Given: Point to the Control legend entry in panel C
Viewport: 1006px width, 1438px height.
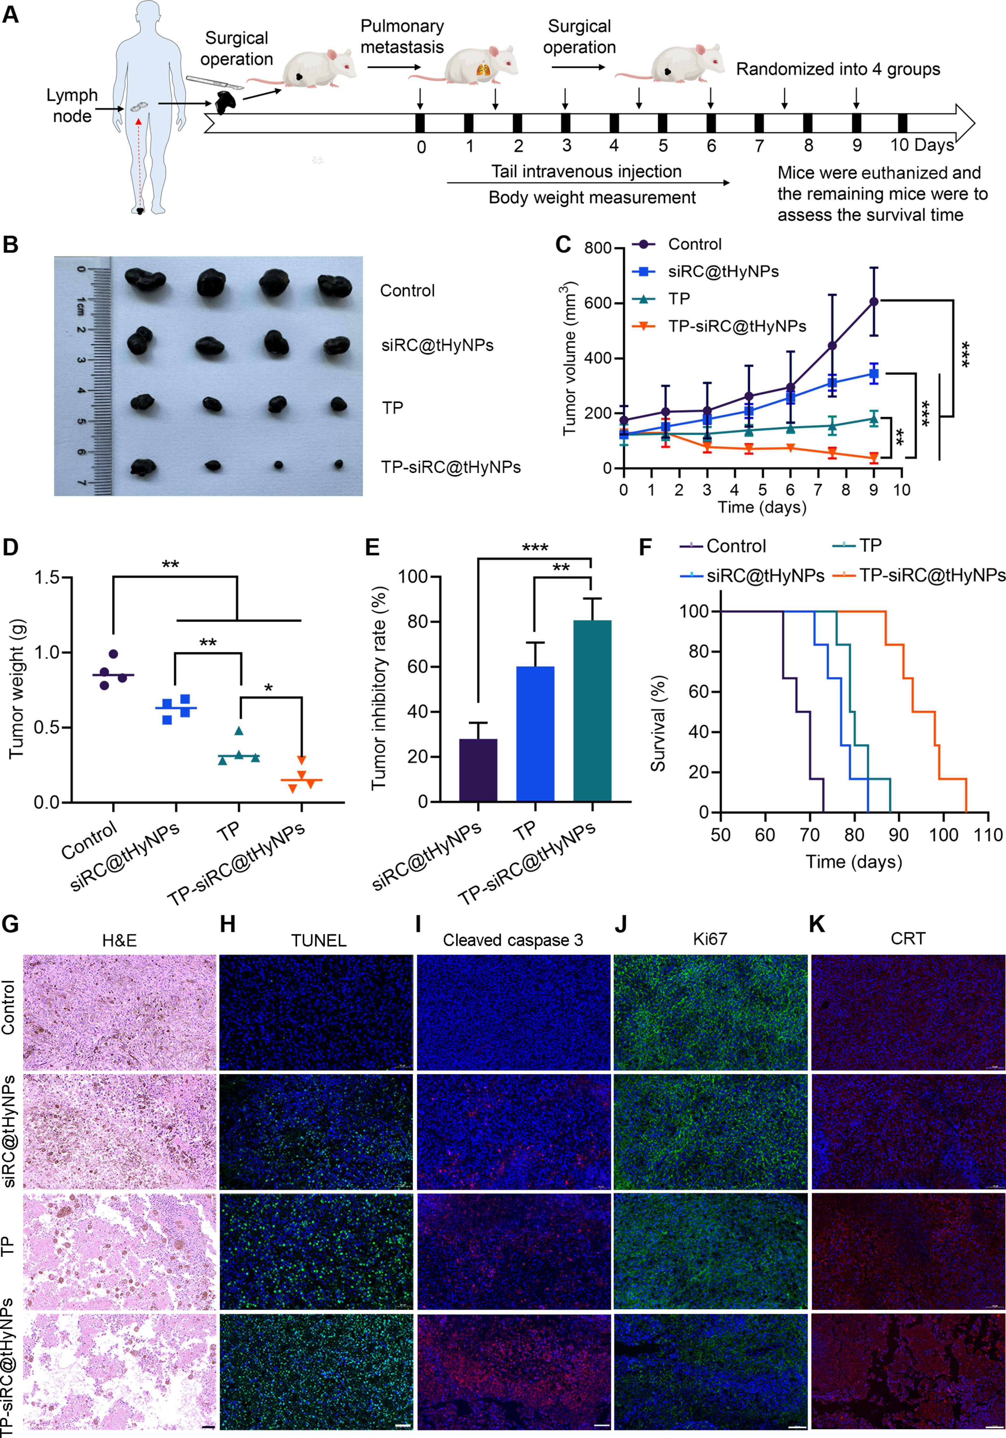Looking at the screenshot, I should point(694,244).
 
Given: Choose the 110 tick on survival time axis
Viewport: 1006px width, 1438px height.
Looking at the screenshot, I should point(988,835).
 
